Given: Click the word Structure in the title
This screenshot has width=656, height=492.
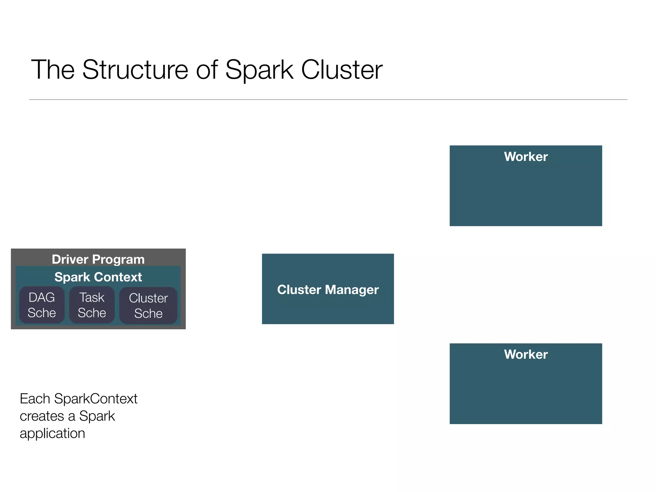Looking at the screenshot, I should pyautogui.click(x=135, y=70).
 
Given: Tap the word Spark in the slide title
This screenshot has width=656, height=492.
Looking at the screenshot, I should pyautogui.click(x=259, y=70).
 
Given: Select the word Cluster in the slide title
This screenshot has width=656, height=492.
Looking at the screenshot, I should pyautogui.click(x=342, y=70).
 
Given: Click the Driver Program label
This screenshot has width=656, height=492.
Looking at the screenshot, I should pyautogui.click(x=98, y=259).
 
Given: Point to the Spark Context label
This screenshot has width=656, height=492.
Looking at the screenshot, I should pyautogui.click(x=98, y=277).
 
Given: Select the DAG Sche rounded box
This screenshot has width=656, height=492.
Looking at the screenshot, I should pyautogui.click(x=42, y=305).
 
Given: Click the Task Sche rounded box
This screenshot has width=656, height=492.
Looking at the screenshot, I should pyautogui.click(x=92, y=305).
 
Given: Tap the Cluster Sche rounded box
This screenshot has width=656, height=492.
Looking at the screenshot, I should pyautogui.click(x=148, y=306).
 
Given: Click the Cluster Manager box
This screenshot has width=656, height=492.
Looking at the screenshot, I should pyautogui.click(x=328, y=307).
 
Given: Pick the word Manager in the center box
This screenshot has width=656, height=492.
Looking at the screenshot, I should pyautogui.click(x=352, y=290).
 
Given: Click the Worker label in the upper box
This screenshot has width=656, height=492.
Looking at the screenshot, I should pyautogui.click(x=526, y=157).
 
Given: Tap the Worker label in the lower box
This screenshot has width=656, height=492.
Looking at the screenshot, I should pyautogui.click(x=526, y=354).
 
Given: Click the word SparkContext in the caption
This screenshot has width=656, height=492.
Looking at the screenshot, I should pyautogui.click(x=96, y=399).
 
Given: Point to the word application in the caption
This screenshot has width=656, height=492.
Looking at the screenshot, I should pyautogui.click(x=52, y=434).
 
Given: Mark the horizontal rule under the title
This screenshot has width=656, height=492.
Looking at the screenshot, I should pyautogui.click(x=328, y=100).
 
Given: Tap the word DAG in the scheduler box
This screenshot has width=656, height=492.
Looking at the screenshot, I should pyautogui.click(x=42, y=298).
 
